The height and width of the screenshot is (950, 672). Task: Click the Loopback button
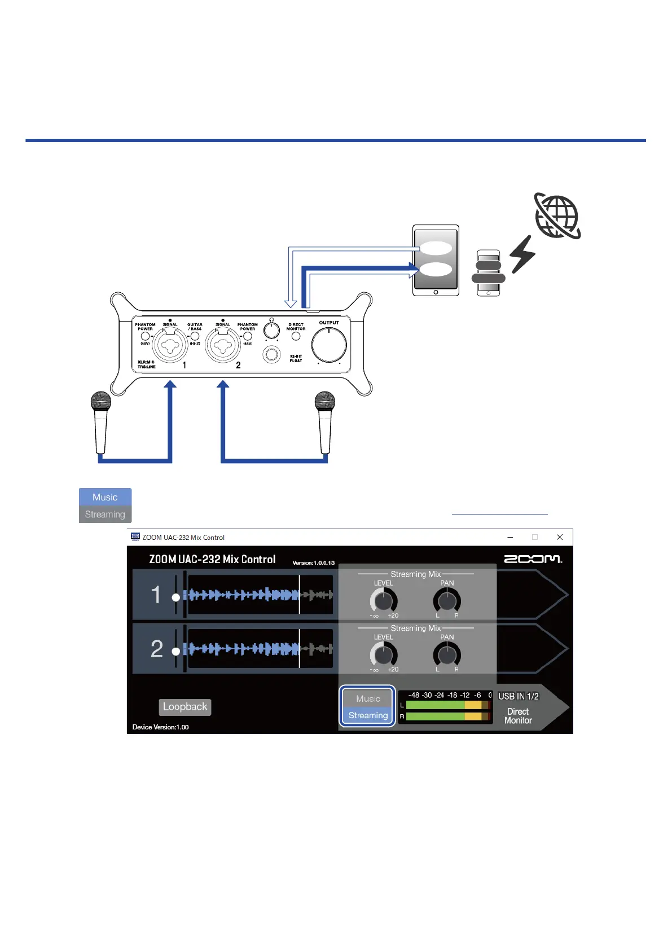(x=185, y=707)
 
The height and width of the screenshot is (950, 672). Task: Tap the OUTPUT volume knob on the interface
(x=329, y=345)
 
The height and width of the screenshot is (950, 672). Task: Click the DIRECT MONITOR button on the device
(x=296, y=336)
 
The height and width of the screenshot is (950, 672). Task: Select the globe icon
(x=557, y=217)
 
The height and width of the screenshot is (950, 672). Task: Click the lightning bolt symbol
(x=522, y=254)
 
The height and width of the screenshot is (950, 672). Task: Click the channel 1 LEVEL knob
(x=384, y=601)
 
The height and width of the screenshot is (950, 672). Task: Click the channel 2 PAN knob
(x=447, y=655)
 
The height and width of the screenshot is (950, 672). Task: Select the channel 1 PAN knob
(x=447, y=601)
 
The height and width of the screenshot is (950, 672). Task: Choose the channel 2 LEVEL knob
(x=384, y=655)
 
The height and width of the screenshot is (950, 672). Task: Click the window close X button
(x=560, y=537)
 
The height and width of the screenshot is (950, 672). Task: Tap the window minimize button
(x=510, y=537)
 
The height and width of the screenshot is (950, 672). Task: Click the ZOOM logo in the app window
(x=533, y=559)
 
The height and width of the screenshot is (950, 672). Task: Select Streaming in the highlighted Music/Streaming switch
(x=368, y=715)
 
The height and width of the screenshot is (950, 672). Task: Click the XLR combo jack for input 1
(x=170, y=345)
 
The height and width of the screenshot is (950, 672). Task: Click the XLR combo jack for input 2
(x=223, y=345)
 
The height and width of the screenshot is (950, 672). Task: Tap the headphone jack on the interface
(x=272, y=355)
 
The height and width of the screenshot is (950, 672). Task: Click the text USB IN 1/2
(x=518, y=697)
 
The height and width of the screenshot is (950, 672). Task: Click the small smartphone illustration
(x=489, y=273)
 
